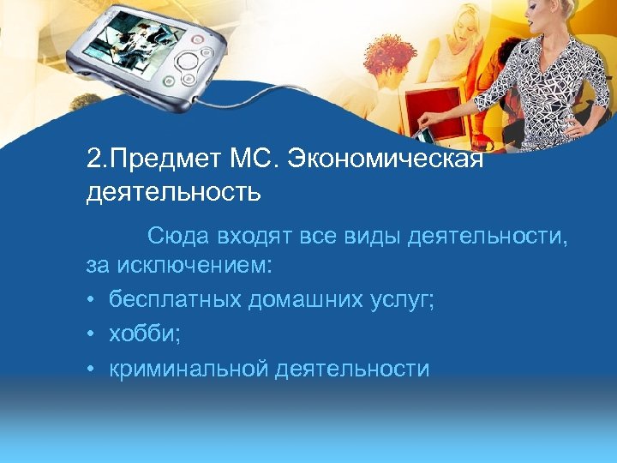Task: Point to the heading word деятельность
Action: [173, 191]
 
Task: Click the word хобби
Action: [142, 334]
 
